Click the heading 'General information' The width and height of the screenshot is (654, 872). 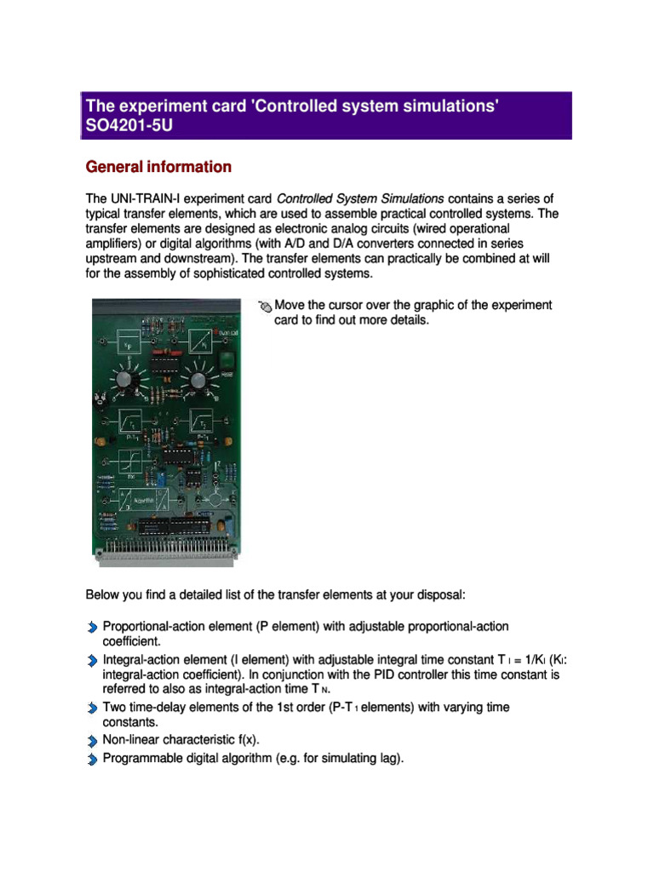pos(158,167)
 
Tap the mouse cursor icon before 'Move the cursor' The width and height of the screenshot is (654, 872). pos(265,307)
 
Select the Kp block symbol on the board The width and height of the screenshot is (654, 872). pos(128,341)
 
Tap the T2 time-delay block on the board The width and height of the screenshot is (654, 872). pos(201,422)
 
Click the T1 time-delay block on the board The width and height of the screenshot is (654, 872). pos(129,422)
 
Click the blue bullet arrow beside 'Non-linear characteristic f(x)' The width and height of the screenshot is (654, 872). pos(92,740)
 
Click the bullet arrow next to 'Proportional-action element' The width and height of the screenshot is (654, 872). pos(92,628)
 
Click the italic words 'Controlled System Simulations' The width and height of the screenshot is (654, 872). pos(361,199)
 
